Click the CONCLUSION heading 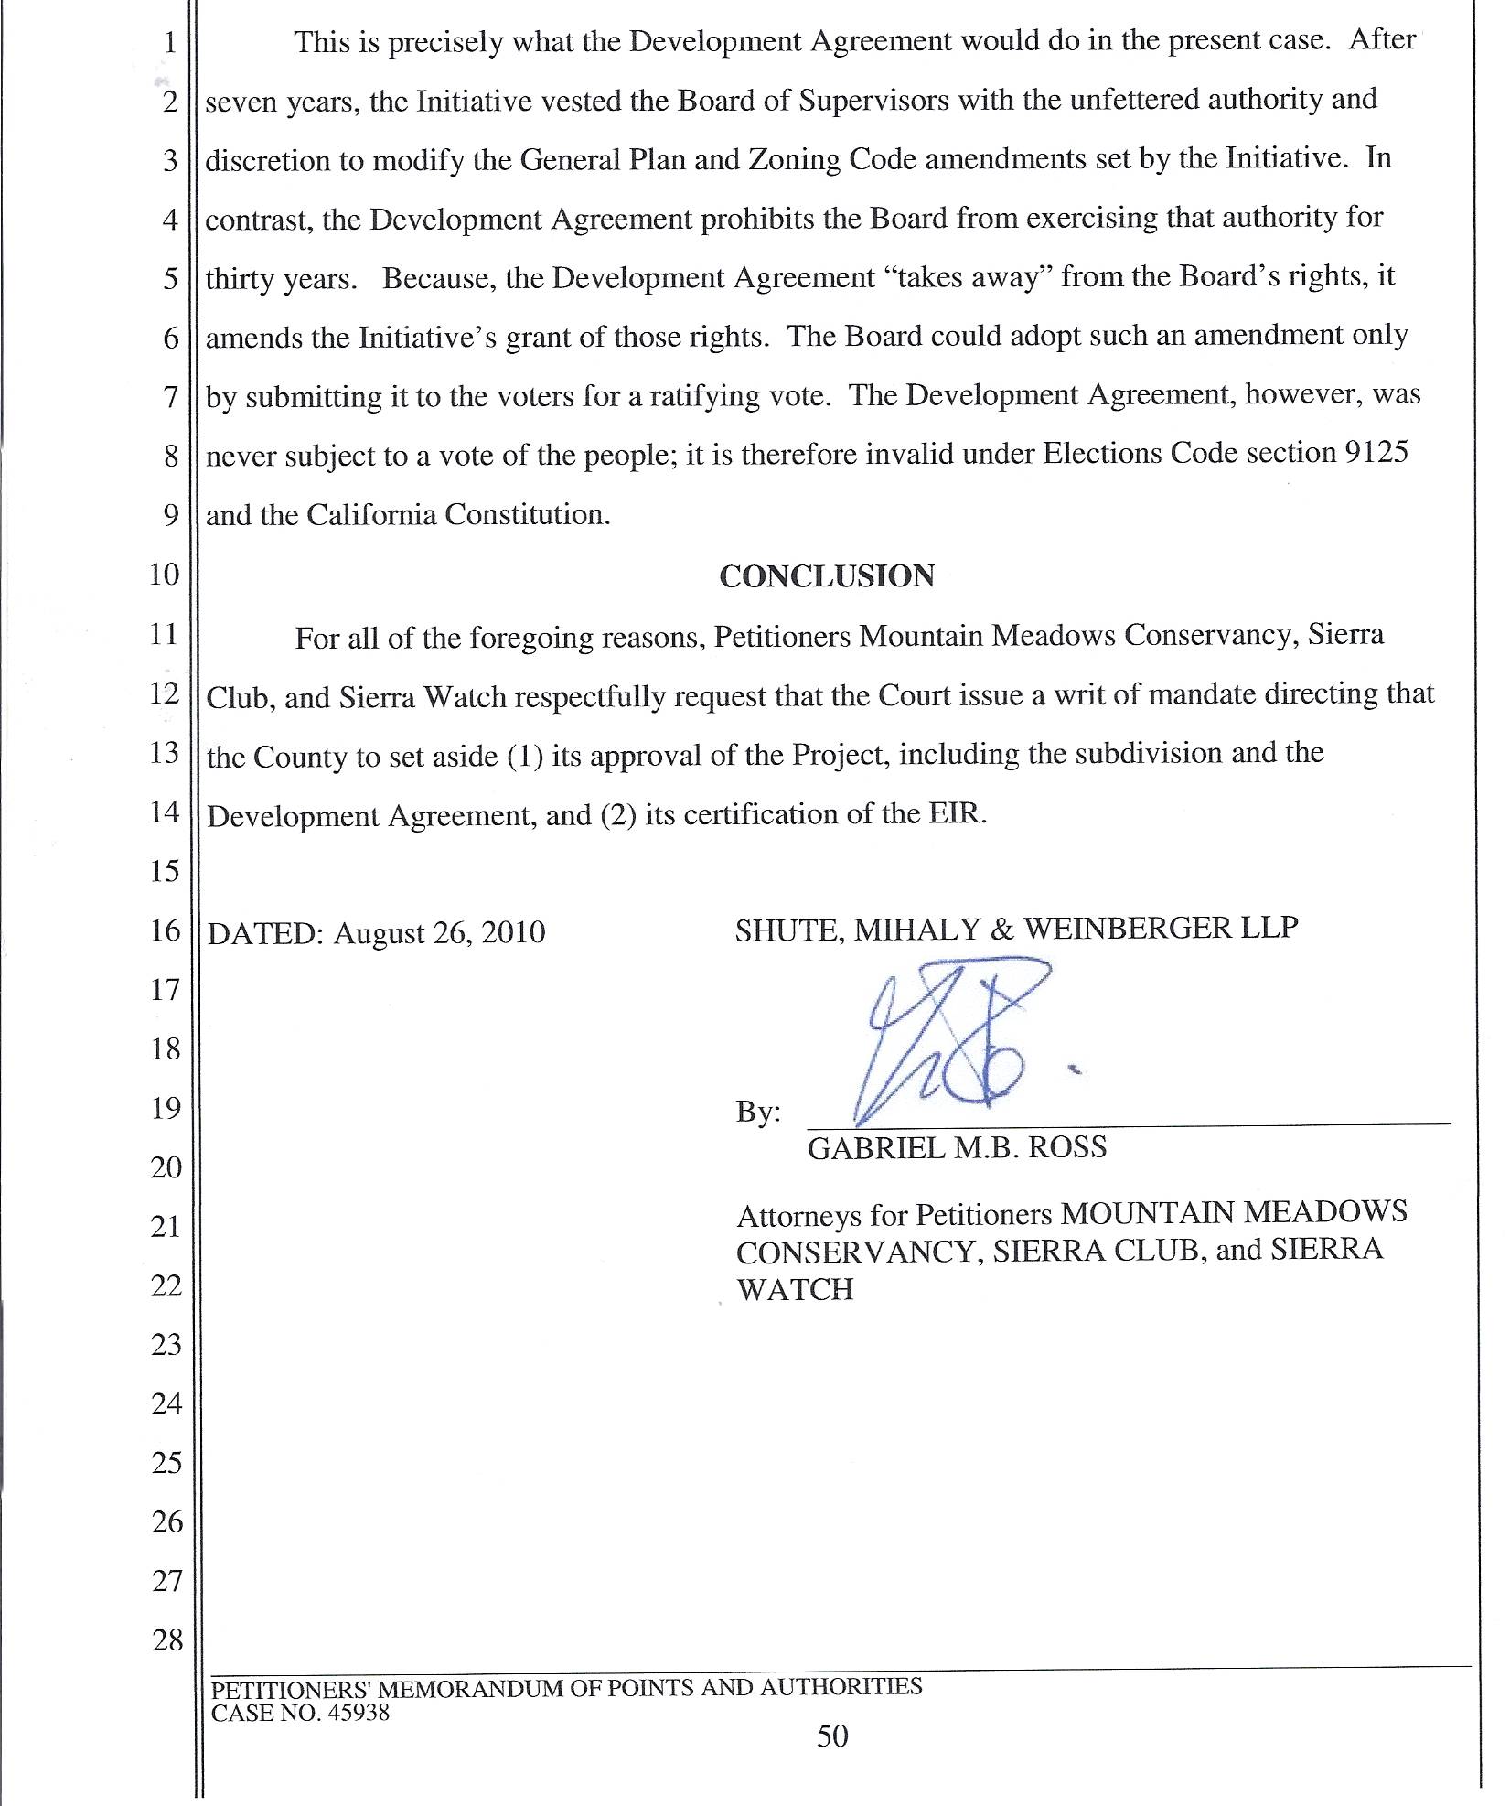tap(827, 575)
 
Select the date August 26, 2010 tap(440, 933)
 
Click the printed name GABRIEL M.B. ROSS tap(957, 1147)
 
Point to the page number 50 tap(832, 1736)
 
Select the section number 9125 tap(1376, 453)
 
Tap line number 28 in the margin tap(167, 1639)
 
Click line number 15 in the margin tap(166, 870)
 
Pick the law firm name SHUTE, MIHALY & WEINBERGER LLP tap(1016, 929)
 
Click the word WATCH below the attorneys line tap(795, 1289)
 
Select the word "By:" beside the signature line tap(758, 1112)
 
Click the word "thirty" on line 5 tap(240, 279)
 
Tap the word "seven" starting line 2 tap(242, 102)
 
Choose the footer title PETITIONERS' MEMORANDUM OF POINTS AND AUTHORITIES tap(566, 1687)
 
